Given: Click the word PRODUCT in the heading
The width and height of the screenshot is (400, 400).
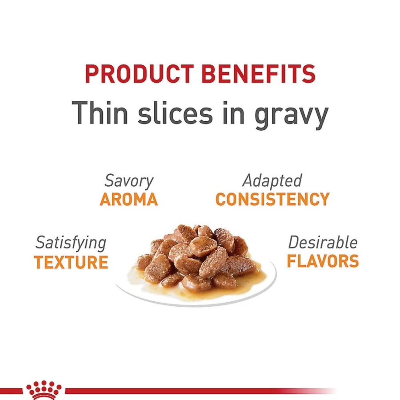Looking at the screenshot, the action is pyautogui.click(x=139, y=73).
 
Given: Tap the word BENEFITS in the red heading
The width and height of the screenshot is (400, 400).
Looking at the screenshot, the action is pyautogui.click(x=258, y=73).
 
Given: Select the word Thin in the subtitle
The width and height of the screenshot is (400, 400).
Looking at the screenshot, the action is pyautogui.click(x=100, y=113).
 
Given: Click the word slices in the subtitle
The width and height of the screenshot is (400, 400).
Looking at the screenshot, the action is pyautogui.click(x=175, y=113).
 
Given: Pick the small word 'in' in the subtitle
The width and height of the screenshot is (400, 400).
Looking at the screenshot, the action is pyautogui.click(x=234, y=113).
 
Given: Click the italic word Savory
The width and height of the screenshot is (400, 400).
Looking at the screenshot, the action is pyautogui.click(x=129, y=181).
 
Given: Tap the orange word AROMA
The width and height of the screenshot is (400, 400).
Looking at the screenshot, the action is pyautogui.click(x=129, y=199).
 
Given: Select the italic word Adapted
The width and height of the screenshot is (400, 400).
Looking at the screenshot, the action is pyautogui.click(x=272, y=181).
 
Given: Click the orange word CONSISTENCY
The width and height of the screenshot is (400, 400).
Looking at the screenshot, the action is pyautogui.click(x=273, y=199).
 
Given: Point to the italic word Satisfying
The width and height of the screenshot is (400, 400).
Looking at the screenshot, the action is pyautogui.click(x=71, y=243).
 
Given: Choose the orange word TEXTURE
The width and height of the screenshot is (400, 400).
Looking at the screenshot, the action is pyautogui.click(x=71, y=262).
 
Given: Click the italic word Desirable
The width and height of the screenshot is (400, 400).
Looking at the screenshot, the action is pyautogui.click(x=323, y=242).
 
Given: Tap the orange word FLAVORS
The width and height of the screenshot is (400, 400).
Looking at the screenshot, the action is pyautogui.click(x=323, y=261).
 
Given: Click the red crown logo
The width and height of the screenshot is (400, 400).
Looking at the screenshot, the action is pyautogui.click(x=44, y=390).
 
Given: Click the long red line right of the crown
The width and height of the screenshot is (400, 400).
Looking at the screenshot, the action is pyautogui.click(x=200, y=391).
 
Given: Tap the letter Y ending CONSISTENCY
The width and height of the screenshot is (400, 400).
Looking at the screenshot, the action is pyautogui.click(x=324, y=199).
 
